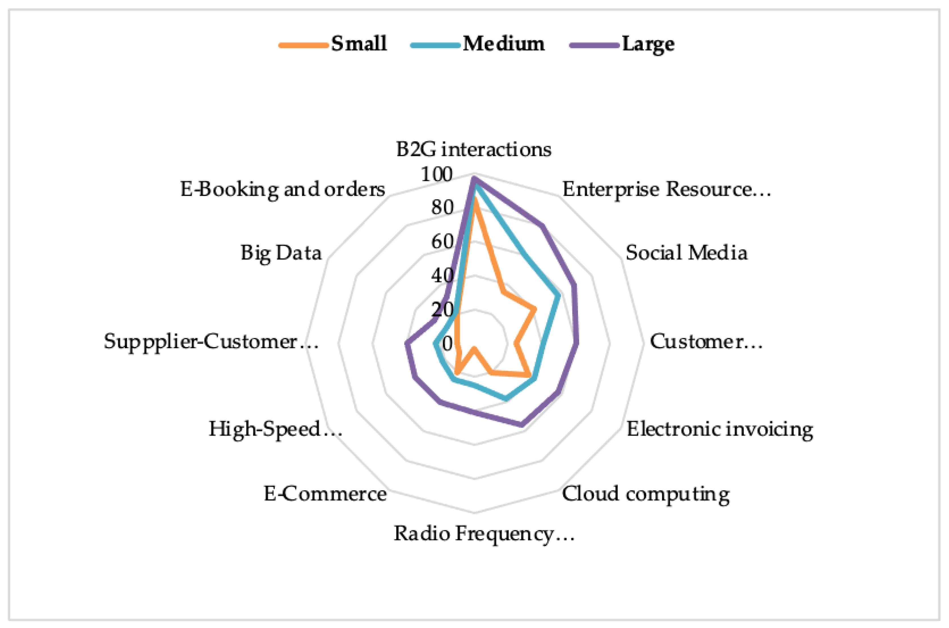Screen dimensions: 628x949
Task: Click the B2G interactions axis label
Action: (x=473, y=149)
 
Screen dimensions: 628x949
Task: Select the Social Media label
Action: (x=686, y=253)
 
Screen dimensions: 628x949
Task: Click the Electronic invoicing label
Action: (x=719, y=429)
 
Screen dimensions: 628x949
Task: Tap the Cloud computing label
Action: (x=645, y=494)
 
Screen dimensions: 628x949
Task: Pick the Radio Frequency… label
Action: (x=484, y=534)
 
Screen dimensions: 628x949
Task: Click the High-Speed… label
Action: (x=275, y=429)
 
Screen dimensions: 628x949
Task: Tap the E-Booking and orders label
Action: (x=282, y=189)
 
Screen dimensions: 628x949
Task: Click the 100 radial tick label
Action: (x=436, y=175)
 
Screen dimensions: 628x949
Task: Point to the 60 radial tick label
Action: (x=442, y=241)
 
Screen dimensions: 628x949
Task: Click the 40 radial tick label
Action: (x=442, y=276)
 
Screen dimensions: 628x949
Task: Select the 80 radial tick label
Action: (x=442, y=207)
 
